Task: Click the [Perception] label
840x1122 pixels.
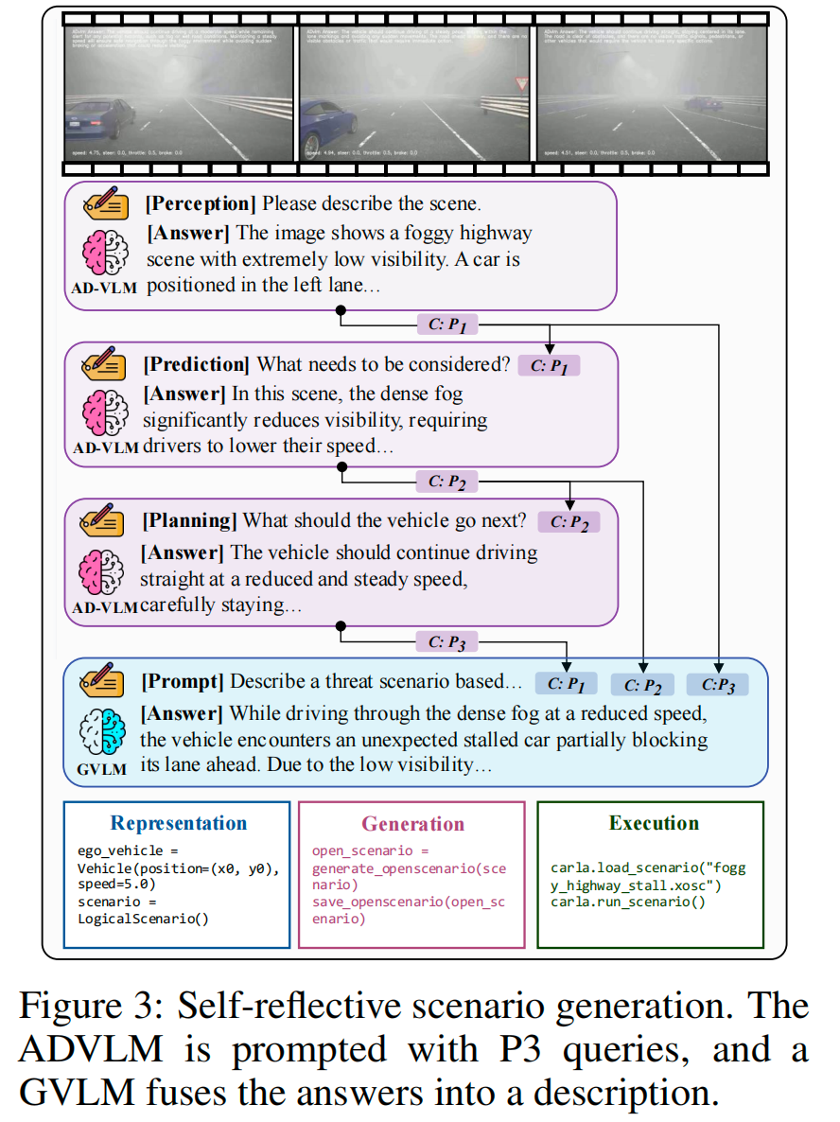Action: coord(200,203)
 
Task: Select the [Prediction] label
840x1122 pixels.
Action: coord(197,364)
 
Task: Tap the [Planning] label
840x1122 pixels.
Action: coord(189,520)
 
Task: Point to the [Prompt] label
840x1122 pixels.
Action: coord(184,681)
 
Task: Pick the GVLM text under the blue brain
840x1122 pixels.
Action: coord(101,769)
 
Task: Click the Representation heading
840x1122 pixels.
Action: coord(178,823)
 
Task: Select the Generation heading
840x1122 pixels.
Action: coord(412,824)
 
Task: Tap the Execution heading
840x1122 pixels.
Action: coord(654,823)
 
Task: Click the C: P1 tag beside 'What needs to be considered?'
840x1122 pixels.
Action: coord(549,365)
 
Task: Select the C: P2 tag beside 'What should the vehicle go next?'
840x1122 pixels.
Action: coord(569,522)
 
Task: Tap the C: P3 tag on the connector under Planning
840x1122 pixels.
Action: coord(447,643)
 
